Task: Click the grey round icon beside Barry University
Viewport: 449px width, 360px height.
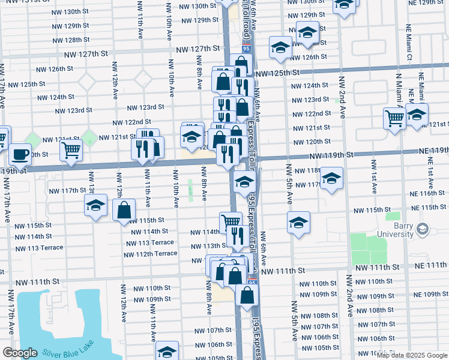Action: click(423, 229)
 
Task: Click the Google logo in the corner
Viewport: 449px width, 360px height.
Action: click(20, 353)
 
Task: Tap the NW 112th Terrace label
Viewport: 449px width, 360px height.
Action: click(151, 254)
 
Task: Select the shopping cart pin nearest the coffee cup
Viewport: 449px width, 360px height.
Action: click(71, 151)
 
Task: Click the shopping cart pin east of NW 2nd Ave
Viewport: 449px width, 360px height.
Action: click(394, 118)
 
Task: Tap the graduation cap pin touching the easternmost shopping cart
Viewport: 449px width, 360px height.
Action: click(417, 115)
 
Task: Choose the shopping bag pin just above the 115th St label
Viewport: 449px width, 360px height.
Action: click(124, 210)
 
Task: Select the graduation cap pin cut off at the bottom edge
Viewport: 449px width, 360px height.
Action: click(167, 351)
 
